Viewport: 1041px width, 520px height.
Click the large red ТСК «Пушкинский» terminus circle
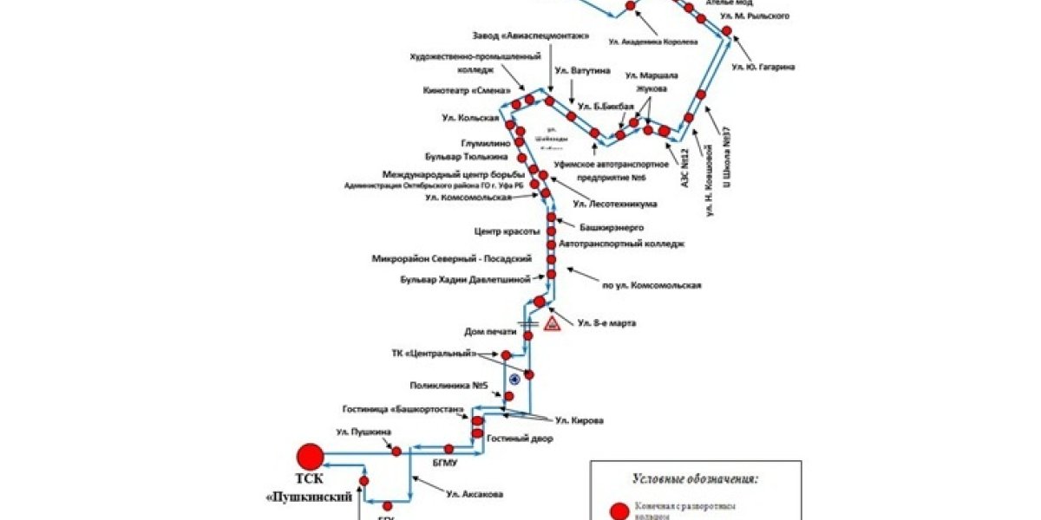(x=310, y=456)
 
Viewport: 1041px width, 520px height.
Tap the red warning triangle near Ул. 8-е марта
(x=551, y=325)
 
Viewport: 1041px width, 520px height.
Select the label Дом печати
(x=490, y=332)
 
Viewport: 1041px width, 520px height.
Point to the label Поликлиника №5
(x=446, y=384)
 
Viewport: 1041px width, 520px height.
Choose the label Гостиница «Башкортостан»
(x=405, y=409)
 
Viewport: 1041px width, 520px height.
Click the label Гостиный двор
(x=519, y=439)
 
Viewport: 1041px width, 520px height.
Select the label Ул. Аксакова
(x=475, y=494)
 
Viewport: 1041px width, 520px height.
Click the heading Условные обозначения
(x=695, y=478)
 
